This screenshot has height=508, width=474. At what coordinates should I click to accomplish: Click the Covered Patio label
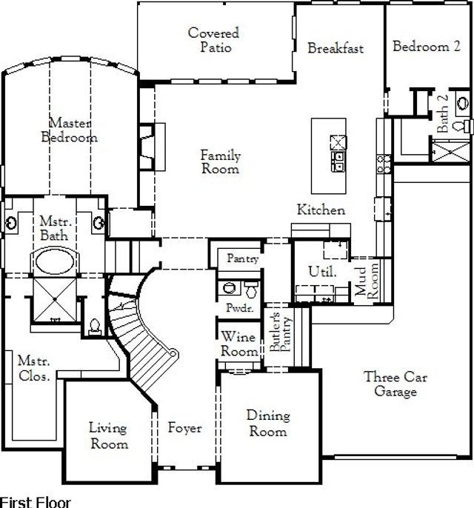coord(213,41)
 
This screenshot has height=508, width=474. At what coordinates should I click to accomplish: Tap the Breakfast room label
coord(336,49)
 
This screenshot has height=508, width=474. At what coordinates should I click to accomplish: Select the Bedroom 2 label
coord(426,47)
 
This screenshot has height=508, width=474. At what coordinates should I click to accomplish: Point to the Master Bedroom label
coord(70,130)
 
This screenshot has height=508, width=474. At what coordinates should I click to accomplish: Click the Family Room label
coord(221,162)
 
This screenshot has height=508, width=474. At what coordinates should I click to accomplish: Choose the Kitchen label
coord(321,210)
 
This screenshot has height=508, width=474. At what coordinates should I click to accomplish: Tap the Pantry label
coord(242,259)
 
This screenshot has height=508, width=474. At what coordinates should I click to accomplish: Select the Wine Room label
coord(238,344)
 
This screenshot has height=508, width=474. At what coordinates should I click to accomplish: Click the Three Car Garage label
coord(395,384)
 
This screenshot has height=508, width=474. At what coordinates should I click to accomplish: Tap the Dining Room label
coord(267,424)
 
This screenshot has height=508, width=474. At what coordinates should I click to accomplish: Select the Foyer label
coord(184,429)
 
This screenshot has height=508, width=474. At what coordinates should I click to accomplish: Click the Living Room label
coord(108,435)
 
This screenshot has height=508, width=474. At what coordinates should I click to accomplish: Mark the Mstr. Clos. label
coord(34,369)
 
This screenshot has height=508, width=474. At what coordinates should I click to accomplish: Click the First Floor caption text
coord(36,501)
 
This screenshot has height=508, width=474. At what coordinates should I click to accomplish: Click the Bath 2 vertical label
coord(443,114)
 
